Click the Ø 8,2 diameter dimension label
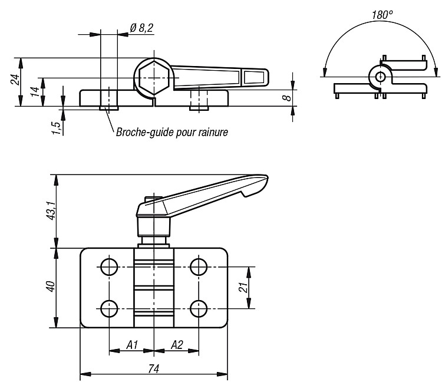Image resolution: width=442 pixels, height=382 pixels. (x=142, y=28)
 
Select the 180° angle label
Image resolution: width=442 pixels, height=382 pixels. (x=382, y=14)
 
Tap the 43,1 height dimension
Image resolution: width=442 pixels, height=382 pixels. (x=51, y=210)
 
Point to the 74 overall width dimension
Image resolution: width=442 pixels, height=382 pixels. (x=154, y=369)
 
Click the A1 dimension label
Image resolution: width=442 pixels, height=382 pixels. (x=132, y=344)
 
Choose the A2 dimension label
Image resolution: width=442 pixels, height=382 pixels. (x=177, y=344)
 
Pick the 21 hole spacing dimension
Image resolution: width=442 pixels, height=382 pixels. (x=243, y=287)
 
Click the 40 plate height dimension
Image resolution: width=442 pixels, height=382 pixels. (x=51, y=286)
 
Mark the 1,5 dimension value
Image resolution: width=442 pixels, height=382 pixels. (x=57, y=128)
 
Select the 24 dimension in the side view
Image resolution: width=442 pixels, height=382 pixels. (x=15, y=80)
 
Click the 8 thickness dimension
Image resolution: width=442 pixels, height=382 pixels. (x=286, y=98)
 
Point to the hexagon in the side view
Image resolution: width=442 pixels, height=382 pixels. (x=154, y=77)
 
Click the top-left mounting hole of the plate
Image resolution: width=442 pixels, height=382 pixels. (x=109, y=266)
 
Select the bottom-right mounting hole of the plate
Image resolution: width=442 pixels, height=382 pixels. (x=199, y=308)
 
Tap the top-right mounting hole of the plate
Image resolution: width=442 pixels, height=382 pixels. (x=199, y=266)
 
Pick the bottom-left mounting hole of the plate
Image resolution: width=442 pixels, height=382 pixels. (x=109, y=308)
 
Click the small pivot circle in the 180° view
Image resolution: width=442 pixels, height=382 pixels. (x=381, y=76)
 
